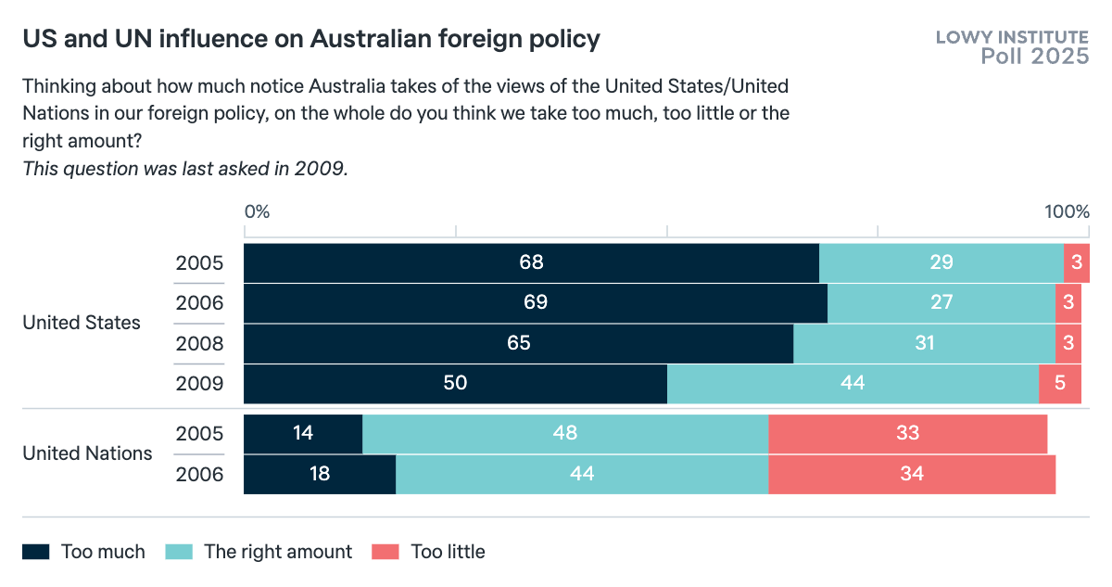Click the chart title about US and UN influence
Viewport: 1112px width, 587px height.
(311, 39)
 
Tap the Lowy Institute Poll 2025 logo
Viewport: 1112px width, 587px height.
(1012, 46)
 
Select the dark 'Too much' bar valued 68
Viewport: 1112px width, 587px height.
(531, 262)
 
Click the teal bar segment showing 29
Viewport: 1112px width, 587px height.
(941, 262)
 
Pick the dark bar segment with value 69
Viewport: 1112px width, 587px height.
(535, 302)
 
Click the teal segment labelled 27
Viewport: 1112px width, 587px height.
(941, 302)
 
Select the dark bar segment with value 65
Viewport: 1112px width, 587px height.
(518, 343)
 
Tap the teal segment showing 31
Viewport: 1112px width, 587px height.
(924, 343)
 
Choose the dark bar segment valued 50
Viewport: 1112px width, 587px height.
(455, 383)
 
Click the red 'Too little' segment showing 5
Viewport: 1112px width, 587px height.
(1059, 383)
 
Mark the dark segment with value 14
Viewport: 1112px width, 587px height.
(302, 433)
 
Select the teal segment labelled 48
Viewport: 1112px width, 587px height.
(564, 433)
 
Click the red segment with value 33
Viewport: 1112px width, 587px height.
(907, 433)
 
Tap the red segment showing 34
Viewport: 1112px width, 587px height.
(911, 474)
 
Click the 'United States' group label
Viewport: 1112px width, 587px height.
(82, 323)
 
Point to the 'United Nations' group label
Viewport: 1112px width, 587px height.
(87, 453)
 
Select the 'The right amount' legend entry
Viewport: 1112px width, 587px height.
(259, 552)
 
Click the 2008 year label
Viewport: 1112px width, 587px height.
(199, 344)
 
